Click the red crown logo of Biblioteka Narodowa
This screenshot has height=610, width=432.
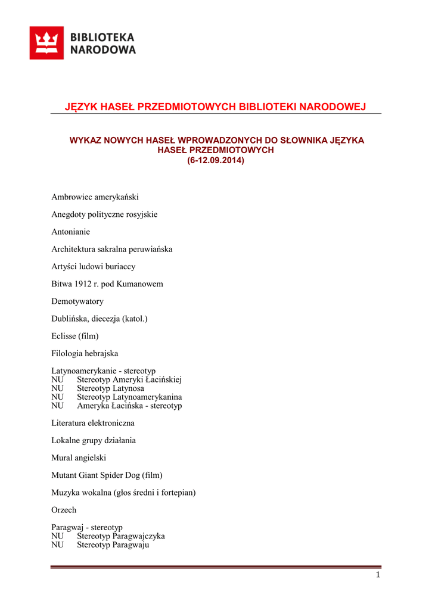point(46,43)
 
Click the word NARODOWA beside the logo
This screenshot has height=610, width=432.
point(103,50)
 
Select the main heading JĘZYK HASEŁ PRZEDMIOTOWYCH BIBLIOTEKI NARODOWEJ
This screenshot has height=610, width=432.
point(215,107)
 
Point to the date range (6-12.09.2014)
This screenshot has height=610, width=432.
point(216,160)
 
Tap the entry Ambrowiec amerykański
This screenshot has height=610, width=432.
point(95,197)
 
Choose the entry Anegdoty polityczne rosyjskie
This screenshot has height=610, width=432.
point(104,214)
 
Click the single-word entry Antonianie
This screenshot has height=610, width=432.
point(70,231)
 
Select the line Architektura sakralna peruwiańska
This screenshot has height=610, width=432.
point(111,249)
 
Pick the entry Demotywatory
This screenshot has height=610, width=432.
point(77,301)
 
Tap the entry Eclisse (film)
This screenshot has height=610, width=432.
point(74,336)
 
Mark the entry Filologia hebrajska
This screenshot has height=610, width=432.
point(85,353)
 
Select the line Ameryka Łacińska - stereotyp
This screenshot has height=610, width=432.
point(129,406)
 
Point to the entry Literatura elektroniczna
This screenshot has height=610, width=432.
point(93,423)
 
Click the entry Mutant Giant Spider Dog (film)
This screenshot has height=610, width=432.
point(107,475)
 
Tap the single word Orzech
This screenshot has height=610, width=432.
point(64,510)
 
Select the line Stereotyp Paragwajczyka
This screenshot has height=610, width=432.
point(121,536)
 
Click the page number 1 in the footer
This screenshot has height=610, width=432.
point(378,575)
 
